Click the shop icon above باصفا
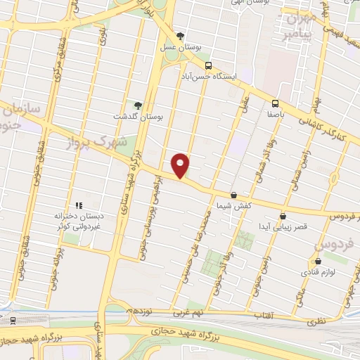(275, 101)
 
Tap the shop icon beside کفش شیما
(233, 195)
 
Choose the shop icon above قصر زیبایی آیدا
(283, 216)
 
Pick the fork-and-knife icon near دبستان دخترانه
(79, 205)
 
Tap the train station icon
(13, 320)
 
